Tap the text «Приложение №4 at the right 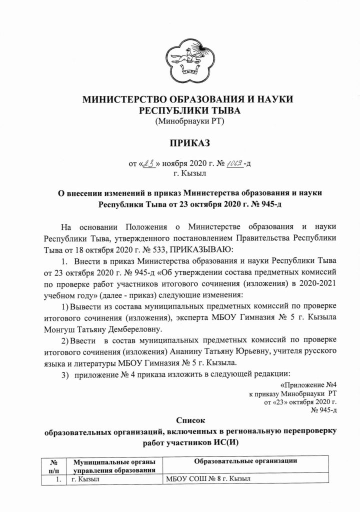pyautogui.click(x=304, y=385)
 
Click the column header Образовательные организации pyautogui.click(x=245, y=460)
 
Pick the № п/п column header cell pyautogui.click(x=59, y=465)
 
